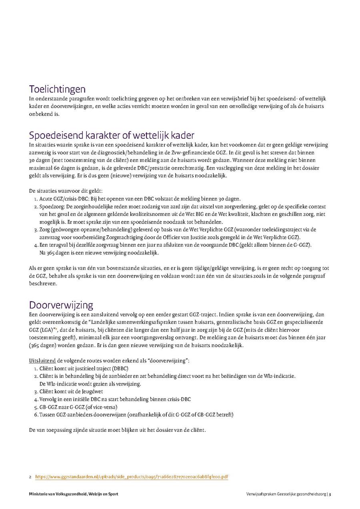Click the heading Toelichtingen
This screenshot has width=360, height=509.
pyautogui.click(x=57, y=89)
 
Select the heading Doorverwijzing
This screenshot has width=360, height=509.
pyautogui.click(x=61, y=305)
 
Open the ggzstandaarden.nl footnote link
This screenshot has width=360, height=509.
pyautogui.click(x=132, y=477)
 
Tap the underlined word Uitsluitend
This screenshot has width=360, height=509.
pyautogui.click(x=42, y=360)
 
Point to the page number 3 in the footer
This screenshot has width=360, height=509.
pyautogui.click(x=330, y=494)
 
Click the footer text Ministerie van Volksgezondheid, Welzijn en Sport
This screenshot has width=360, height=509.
pyautogui.click(x=74, y=494)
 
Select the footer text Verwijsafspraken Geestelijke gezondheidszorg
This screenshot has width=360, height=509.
pyautogui.click(x=286, y=494)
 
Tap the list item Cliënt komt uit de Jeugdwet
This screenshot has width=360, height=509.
pyautogui.click(x=71, y=391)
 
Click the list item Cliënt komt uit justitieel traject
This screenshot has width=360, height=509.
pyautogui.click(x=84, y=368)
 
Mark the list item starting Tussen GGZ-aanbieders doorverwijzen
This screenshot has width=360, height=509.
pyautogui.click(x=136, y=415)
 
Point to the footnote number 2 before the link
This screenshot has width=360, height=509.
pyautogui.click(x=30, y=477)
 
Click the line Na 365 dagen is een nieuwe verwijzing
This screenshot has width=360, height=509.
pyautogui.click(x=99, y=253)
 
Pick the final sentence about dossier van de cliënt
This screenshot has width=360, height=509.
pyautogui.click(x=117, y=430)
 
